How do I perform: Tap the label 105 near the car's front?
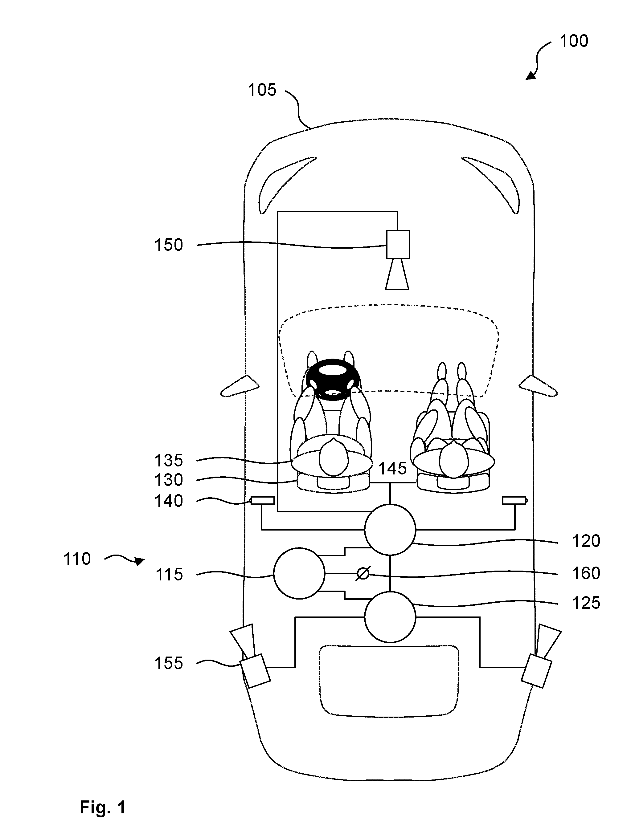262,90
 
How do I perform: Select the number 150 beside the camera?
169,245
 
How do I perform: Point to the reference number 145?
392,469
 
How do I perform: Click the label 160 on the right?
586,573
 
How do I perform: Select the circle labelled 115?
299,573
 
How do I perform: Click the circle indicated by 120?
390,530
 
